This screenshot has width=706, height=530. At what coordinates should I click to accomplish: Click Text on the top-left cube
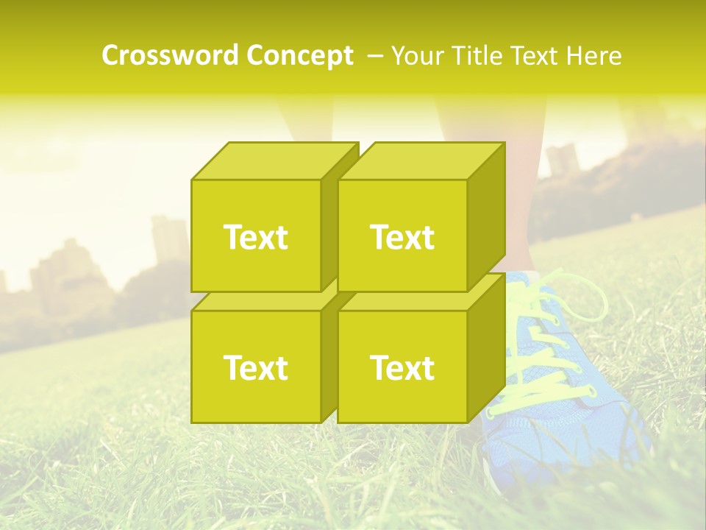255,237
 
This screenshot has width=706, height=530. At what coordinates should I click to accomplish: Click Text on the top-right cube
402,237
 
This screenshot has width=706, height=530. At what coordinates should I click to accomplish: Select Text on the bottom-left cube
255,367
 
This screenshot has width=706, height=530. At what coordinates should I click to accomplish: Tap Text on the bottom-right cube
402,367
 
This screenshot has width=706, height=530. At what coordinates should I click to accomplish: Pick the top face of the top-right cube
421,161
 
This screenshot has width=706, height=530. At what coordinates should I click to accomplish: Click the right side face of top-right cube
486,217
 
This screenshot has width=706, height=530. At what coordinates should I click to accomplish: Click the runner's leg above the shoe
515,199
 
